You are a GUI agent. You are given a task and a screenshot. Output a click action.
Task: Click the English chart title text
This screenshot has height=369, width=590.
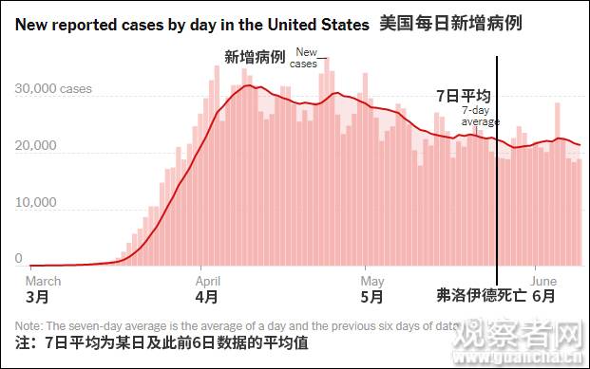[190, 22]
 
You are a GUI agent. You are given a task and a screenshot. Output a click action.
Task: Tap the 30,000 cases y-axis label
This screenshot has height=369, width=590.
[53, 89]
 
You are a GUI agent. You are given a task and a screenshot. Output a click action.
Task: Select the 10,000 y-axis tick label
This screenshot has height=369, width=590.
[35, 202]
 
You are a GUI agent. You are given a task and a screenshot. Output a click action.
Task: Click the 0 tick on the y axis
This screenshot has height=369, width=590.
[18, 258]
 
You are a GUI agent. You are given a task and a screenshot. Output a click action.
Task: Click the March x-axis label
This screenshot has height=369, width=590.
[43, 281]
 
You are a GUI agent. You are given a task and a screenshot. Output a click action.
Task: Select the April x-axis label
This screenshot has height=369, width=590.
[208, 281]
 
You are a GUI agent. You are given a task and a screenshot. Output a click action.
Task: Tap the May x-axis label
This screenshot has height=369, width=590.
[372, 281]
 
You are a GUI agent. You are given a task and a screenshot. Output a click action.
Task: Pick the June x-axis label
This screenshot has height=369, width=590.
[543, 281]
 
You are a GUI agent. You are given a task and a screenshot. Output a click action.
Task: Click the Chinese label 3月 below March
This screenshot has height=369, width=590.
[37, 297]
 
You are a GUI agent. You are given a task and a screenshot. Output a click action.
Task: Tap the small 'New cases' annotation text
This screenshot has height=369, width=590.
[305, 58]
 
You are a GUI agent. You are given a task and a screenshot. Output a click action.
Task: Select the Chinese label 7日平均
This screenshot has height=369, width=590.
[463, 96]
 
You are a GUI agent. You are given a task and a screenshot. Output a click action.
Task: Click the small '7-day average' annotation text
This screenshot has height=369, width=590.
[481, 116]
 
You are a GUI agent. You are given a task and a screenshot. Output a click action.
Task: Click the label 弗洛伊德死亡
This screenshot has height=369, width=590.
[481, 296]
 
